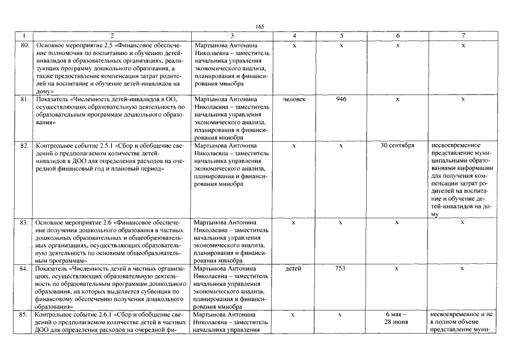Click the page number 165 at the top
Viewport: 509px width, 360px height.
point(259,26)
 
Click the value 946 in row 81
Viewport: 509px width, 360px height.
point(341,99)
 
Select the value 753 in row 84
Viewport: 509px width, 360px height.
point(340,268)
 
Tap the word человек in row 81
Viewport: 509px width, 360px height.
point(295,99)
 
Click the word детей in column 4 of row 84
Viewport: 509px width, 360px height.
point(294,268)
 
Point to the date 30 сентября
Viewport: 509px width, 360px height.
point(397,145)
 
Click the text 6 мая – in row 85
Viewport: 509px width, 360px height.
point(397,314)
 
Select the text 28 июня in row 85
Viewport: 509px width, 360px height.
point(397,322)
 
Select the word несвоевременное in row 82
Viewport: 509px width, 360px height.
point(456,145)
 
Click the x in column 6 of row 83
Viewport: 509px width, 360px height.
point(397,222)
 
